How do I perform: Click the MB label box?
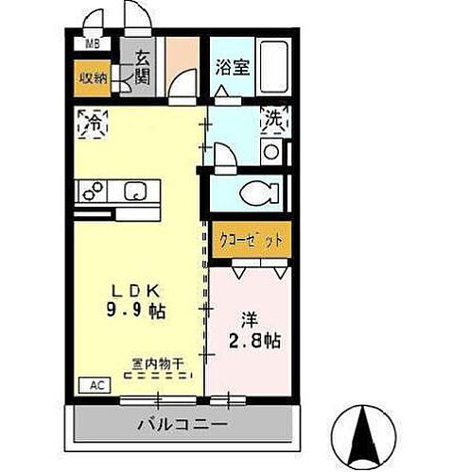94,43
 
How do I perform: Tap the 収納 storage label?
92,78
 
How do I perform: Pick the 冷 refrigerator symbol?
95,122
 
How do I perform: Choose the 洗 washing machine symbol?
273,120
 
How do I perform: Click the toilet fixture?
259,194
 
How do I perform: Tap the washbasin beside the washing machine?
271,152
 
